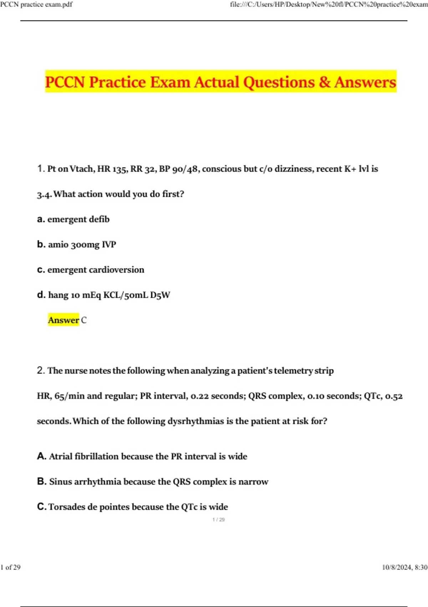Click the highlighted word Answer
coord(63,320)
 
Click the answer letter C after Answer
coord(84,320)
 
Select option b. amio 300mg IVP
coord(77,245)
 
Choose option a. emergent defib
coord(73,219)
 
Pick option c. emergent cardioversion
coord(91,270)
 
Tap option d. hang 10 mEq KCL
coord(103,295)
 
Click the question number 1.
coord(40,169)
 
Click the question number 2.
coord(40,370)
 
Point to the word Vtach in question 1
coord(82,169)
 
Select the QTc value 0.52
coord(394,396)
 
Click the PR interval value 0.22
coord(200,396)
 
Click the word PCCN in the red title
coord(65,82)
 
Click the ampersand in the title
coord(325,82)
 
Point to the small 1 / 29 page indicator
coord(219,520)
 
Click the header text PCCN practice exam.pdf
coord(36,5)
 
